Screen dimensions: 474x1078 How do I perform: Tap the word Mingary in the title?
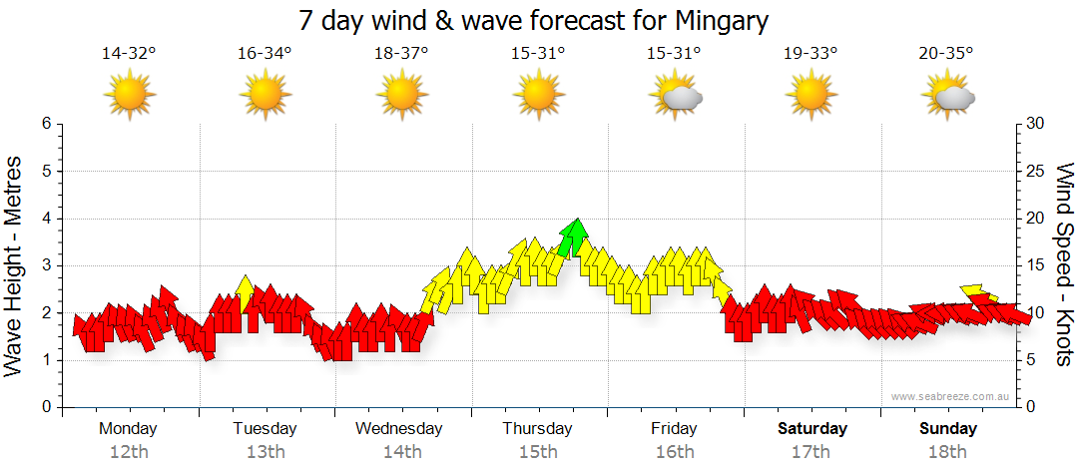(721, 20)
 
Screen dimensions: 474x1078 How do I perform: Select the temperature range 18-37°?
(401, 53)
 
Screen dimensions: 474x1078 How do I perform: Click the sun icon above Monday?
(130, 97)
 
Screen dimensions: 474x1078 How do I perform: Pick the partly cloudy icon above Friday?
(676, 97)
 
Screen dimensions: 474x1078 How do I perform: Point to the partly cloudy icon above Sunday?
(948, 97)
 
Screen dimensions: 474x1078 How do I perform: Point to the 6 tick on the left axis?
(46, 124)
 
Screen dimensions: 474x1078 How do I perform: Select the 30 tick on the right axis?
(1036, 124)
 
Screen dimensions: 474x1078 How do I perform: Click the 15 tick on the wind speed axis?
(1035, 265)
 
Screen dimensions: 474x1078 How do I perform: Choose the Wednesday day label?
(398, 429)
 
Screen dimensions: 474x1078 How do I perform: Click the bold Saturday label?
(812, 429)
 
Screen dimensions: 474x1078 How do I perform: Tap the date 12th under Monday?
(129, 452)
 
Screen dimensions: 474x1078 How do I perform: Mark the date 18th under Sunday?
(948, 452)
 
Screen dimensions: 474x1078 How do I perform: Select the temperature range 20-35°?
(946, 53)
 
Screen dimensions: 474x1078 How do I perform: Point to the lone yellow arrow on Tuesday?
(245, 292)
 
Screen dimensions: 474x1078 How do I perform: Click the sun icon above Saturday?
(812, 97)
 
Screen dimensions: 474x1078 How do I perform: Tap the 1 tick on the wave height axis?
(46, 360)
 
